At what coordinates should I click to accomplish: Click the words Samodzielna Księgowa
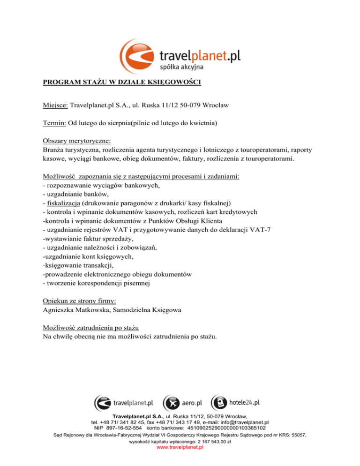point(150,309)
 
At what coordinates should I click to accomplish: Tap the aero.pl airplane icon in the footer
point(171,403)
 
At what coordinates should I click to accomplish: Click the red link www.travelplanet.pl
point(180,447)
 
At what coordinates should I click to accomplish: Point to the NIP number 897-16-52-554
point(121,428)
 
